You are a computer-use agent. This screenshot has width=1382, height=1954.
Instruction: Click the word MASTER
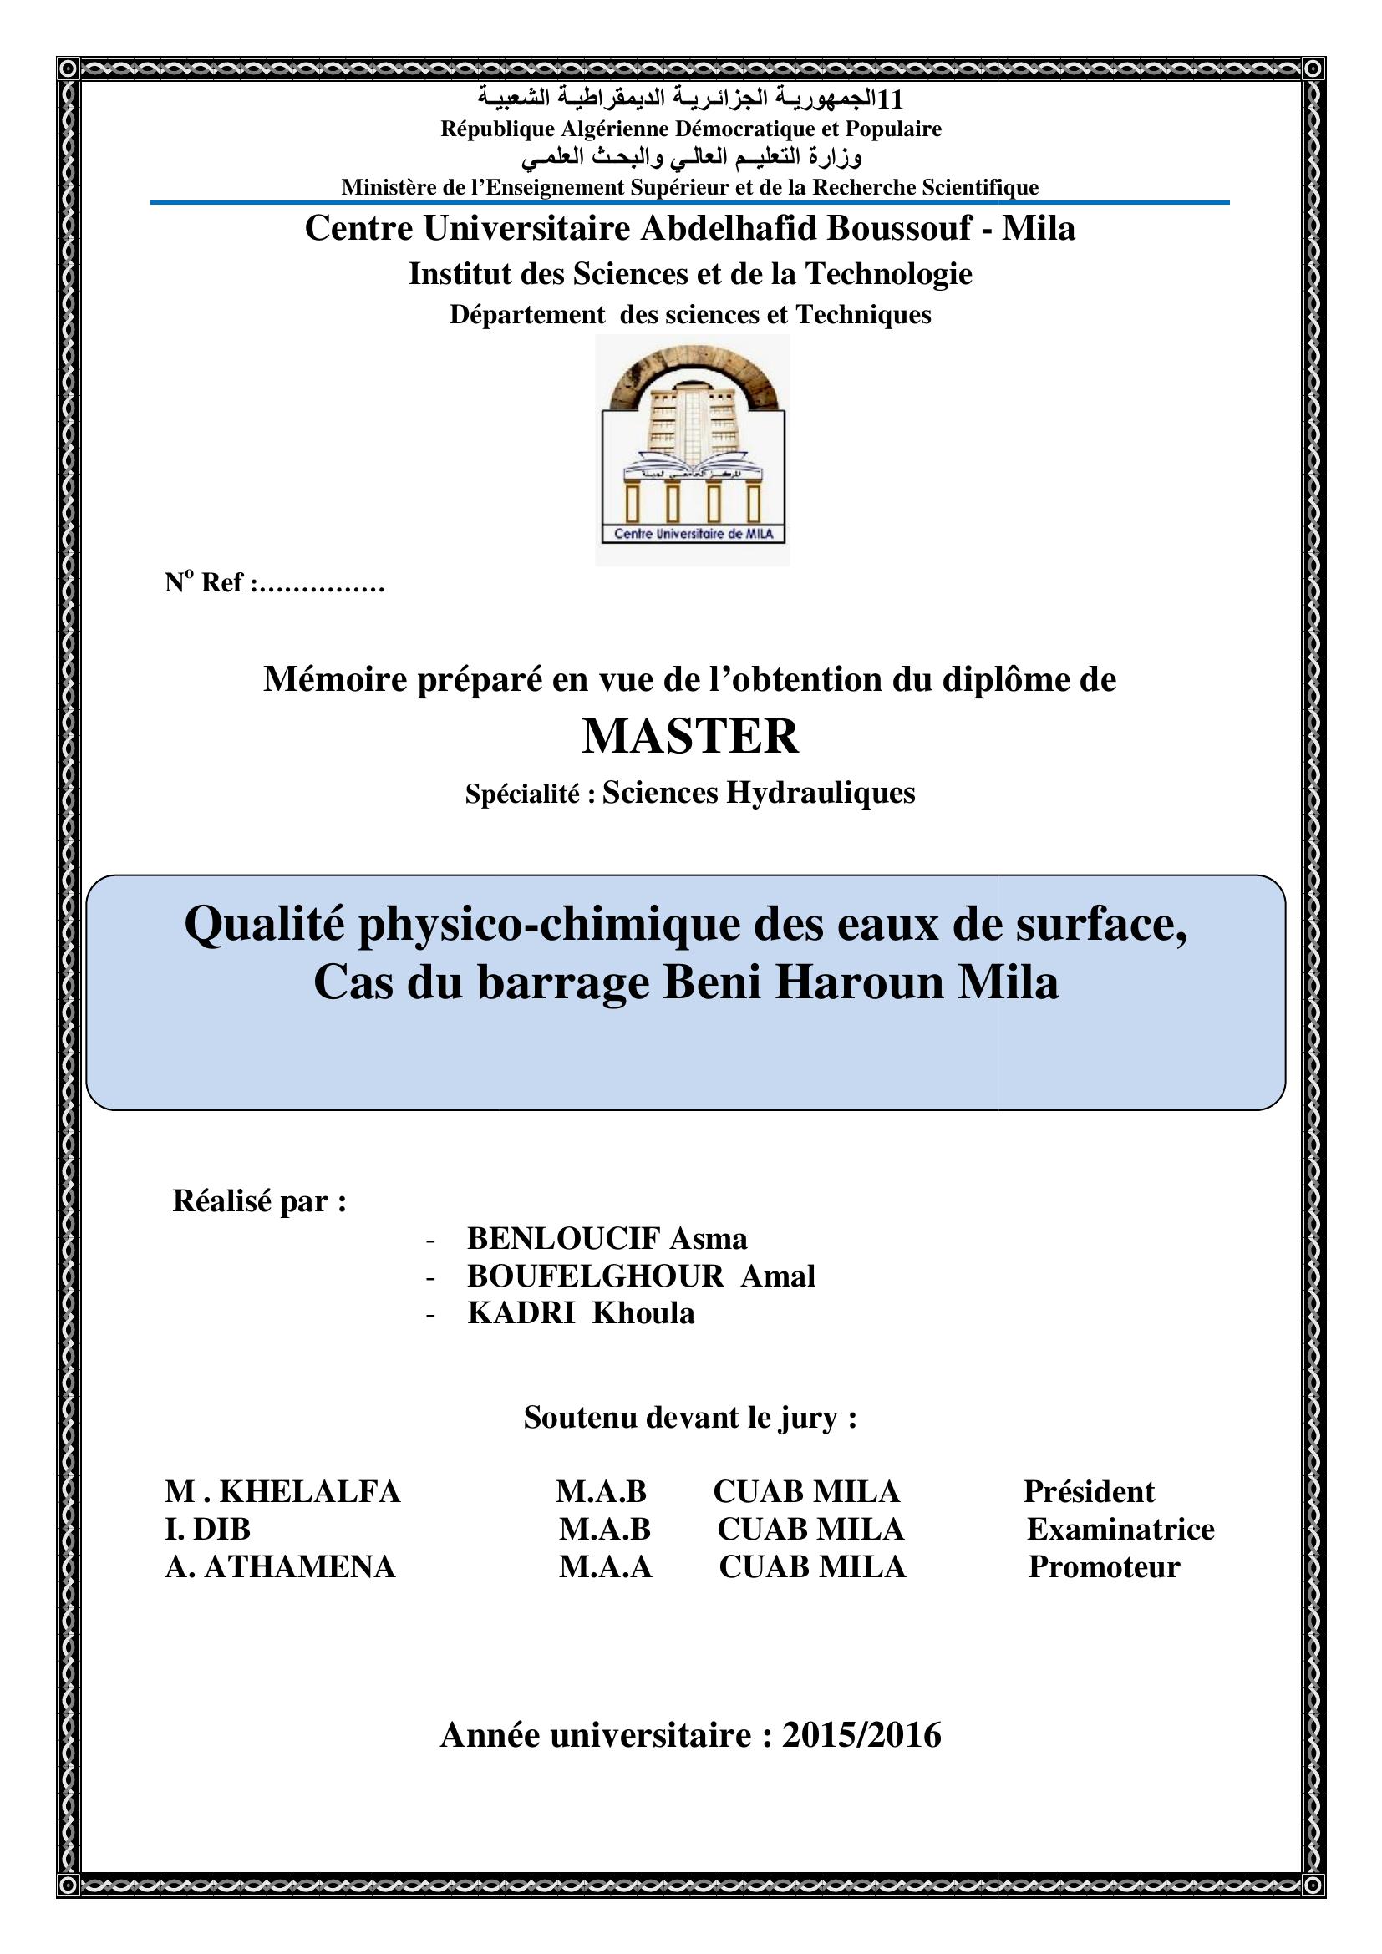[x=690, y=736]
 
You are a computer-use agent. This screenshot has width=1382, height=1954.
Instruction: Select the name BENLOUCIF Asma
[x=607, y=1238]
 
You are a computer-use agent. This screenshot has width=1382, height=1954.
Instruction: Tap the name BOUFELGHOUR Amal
[x=641, y=1276]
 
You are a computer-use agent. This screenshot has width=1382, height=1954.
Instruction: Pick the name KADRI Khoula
[x=581, y=1313]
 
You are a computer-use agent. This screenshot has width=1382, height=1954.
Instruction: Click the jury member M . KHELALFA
[x=282, y=1491]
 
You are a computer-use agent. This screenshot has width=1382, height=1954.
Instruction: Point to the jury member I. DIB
[x=208, y=1529]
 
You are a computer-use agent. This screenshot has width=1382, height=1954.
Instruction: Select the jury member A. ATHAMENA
[x=280, y=1566]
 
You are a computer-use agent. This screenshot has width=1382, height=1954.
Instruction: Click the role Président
[x=1089, y=1491]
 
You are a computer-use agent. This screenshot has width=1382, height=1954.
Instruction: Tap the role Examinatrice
[x=1120, y=1529]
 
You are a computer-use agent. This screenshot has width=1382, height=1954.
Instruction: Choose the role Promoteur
[x=1104, y=1566]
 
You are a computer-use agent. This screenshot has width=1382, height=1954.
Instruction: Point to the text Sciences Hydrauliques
[x=758, y=792]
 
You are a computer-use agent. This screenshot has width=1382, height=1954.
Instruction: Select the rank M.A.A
[x=605, y=1566]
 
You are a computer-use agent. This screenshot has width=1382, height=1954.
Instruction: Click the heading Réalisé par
[x=260, y=1200]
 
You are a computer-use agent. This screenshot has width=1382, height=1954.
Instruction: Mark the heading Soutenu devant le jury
[x=690, y=1417]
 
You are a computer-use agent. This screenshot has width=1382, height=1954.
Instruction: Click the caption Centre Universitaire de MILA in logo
[x=692, y=534]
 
